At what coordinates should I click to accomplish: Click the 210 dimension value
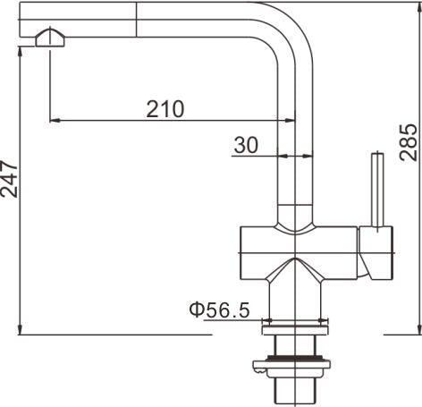[165, 108]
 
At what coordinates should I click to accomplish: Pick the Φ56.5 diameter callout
[218, 310]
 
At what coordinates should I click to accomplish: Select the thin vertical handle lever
[378, 189]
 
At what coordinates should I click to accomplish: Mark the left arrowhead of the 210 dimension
[54, 119]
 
